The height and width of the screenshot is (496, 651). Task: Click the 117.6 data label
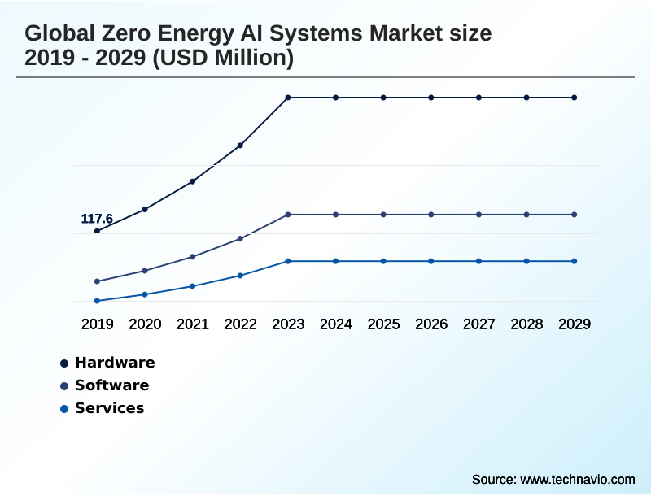pyautogui.click(x=97, y=219)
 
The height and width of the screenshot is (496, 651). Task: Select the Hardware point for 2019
pyautogui.click(x=97, y=231)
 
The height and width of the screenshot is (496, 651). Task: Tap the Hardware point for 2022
pyautogui.click(x=240, y=146)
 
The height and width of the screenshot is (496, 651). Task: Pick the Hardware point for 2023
pyautogui.click(x=288, y=98)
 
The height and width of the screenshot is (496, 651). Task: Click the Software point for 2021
pyautogui.click(x=193, y=257)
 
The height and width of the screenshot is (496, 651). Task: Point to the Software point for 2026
pyautogui.click(x=431, y=215)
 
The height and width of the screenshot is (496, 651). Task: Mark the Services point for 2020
pyautogui.click(x=145, y=294)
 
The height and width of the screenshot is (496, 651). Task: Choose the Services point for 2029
pyautogui.click(x=575, y=261)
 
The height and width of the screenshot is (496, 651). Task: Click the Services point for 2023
pyautogui.click(x=288, y=261)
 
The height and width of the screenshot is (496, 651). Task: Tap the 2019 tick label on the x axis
pyautogui.click(x=97, y=324)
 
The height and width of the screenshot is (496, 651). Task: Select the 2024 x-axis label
pyautogui.click(x=336, y=324)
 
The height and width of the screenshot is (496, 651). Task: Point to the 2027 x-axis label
pyautogui.click(x=479, y=324)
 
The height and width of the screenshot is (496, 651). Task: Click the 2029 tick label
pyautogui.click(x=575, y=324)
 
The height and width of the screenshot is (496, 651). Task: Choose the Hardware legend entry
pyautogui.click(x=114, y=363)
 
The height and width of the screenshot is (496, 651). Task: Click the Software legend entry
pyautogui.click(x=111, y=385)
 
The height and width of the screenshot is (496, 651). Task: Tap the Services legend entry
pyautogui.click(x=109, y=408)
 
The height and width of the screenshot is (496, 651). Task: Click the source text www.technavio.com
pyautogui.click(x=577, y=479)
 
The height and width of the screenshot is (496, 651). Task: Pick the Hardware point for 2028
pyautogui.click(x=526, y=98)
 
